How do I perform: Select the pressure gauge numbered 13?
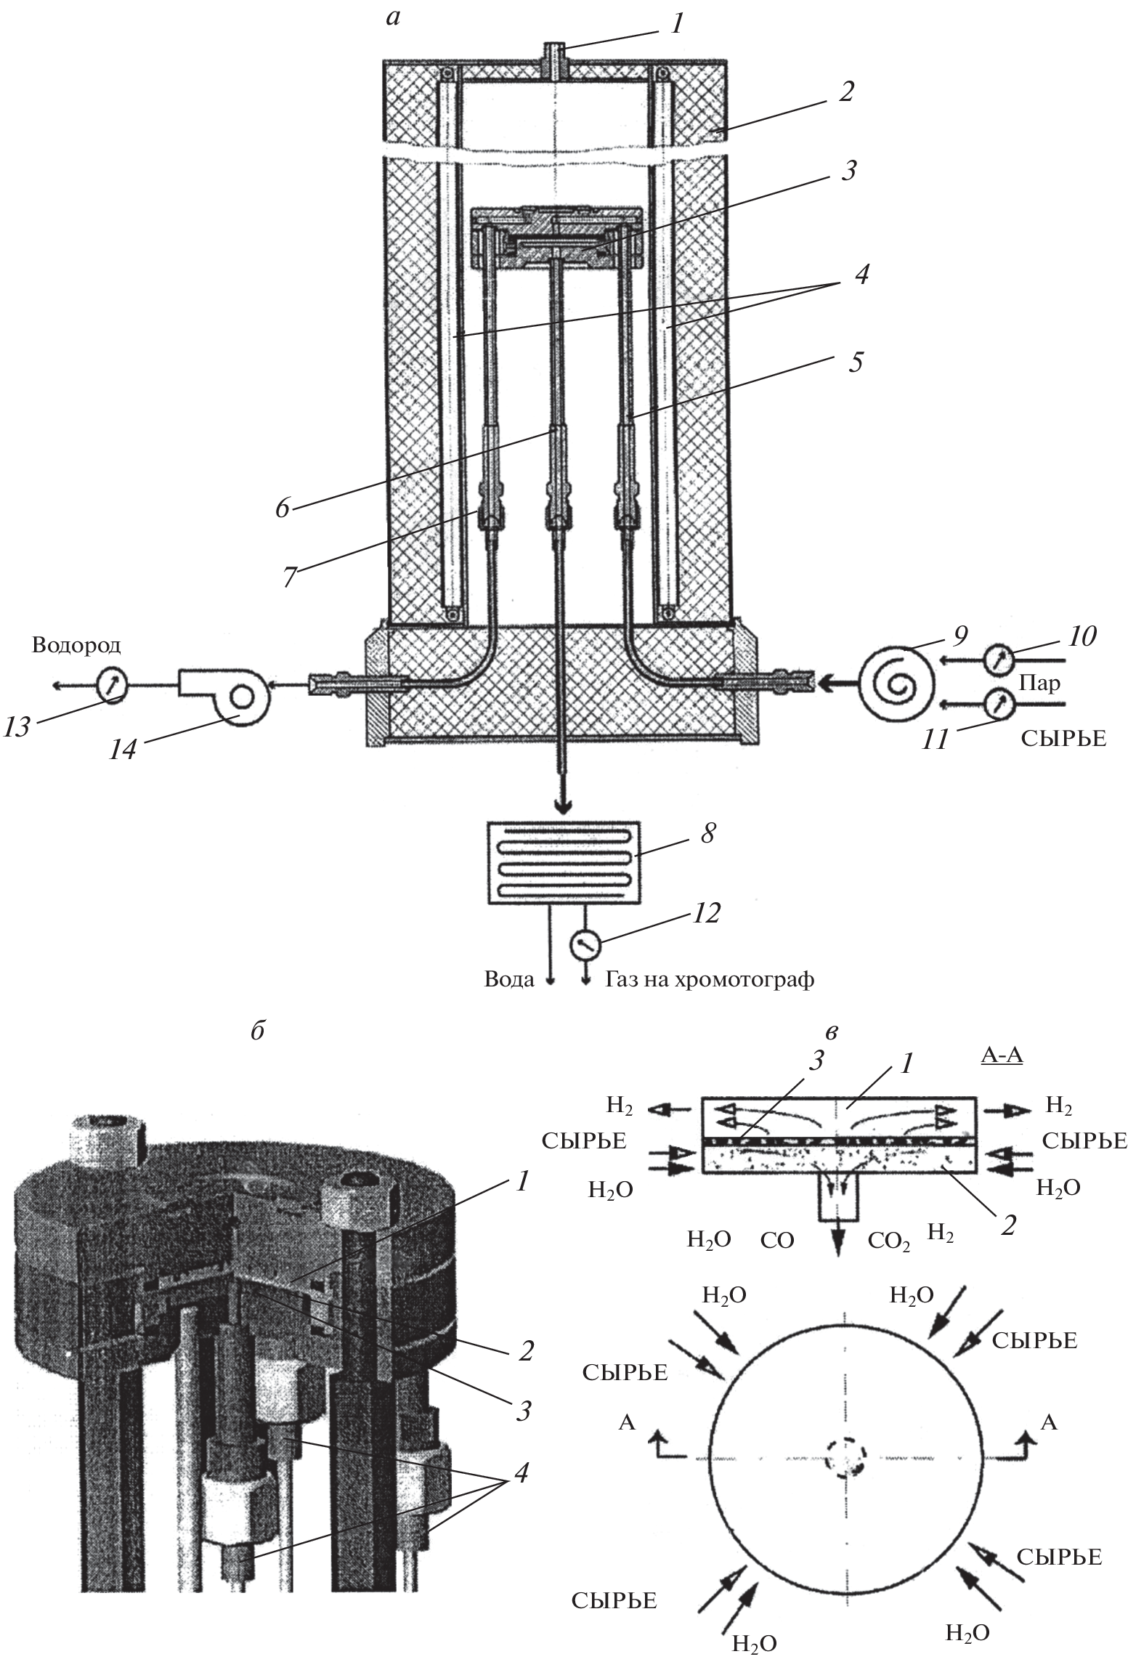coord(112,683)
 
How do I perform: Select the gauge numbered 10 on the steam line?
coord(999,660)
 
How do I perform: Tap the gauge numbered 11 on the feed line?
coord(999,702)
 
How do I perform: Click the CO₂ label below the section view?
coord(889,1240)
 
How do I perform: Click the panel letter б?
coord(256,1032)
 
